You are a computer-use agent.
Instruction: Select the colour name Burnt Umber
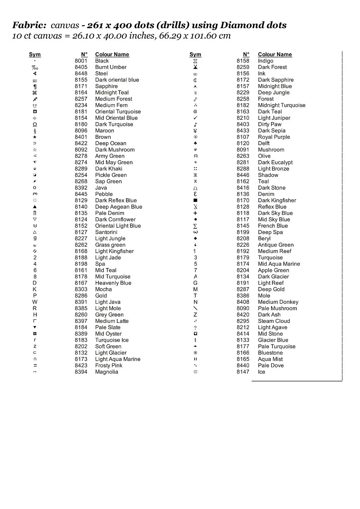111,67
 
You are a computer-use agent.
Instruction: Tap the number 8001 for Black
81,61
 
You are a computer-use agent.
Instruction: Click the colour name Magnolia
107,372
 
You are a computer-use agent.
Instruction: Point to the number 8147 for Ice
243,372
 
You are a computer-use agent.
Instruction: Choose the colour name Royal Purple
274,137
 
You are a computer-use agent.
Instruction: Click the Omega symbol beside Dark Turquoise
35,125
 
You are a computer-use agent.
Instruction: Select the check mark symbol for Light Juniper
195,118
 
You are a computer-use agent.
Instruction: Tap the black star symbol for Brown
35,137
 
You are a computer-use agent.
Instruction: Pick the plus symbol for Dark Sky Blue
195,213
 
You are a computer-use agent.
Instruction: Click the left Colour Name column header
112,54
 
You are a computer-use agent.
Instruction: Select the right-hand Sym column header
195,54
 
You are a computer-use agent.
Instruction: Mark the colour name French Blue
273,226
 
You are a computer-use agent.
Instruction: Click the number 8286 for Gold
81,296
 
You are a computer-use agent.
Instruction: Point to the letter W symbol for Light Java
35,302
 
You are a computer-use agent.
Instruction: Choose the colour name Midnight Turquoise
282,105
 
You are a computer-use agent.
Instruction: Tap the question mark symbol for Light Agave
195,327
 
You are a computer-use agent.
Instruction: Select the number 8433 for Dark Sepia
243,131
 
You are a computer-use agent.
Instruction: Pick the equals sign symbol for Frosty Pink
35,365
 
